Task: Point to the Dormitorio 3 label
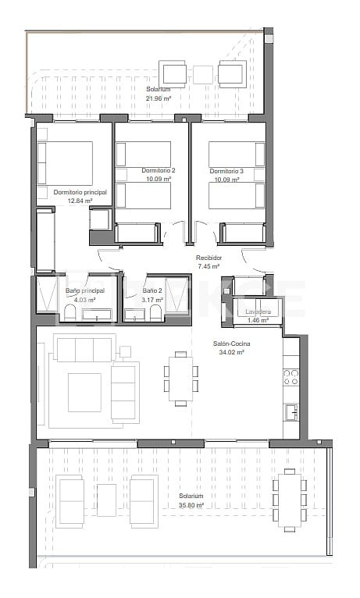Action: pos(226,170)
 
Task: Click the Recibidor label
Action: pos(209,258)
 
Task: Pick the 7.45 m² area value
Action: pos(209,266)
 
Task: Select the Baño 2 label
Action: pos(153,290)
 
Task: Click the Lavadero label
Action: pos(257,311)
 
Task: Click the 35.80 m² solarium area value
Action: pos(191,505)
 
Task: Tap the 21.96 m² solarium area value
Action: pos(159,98)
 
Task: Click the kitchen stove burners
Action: pos(290,377)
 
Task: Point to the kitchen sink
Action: pos(290,411)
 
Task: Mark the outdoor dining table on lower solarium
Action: pos(289,497)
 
